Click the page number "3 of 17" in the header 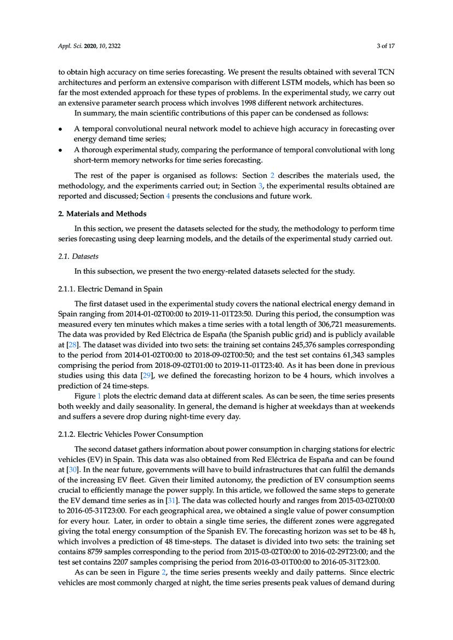coord(385,46)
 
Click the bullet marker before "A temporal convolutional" coord(60,129)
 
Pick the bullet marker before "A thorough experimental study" coord(60,150)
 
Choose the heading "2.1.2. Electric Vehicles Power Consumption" coord(130,434)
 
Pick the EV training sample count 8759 coord(96,551)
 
